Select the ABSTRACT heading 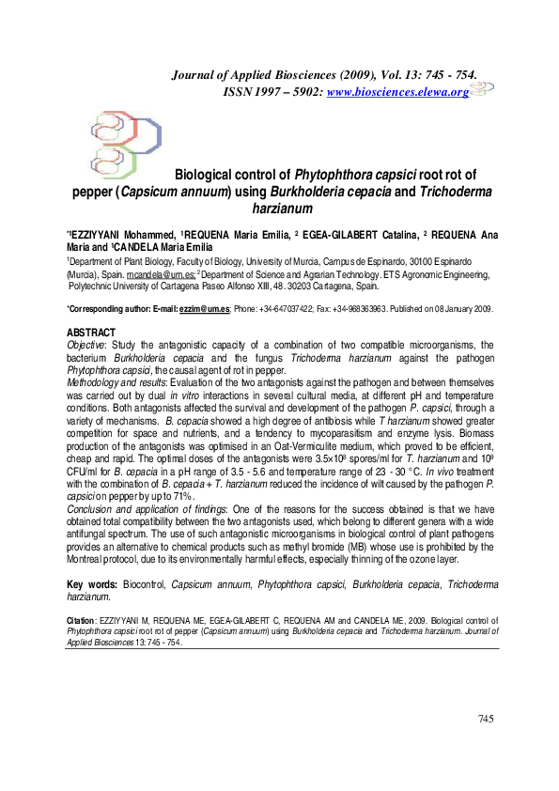tap(91, 333)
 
